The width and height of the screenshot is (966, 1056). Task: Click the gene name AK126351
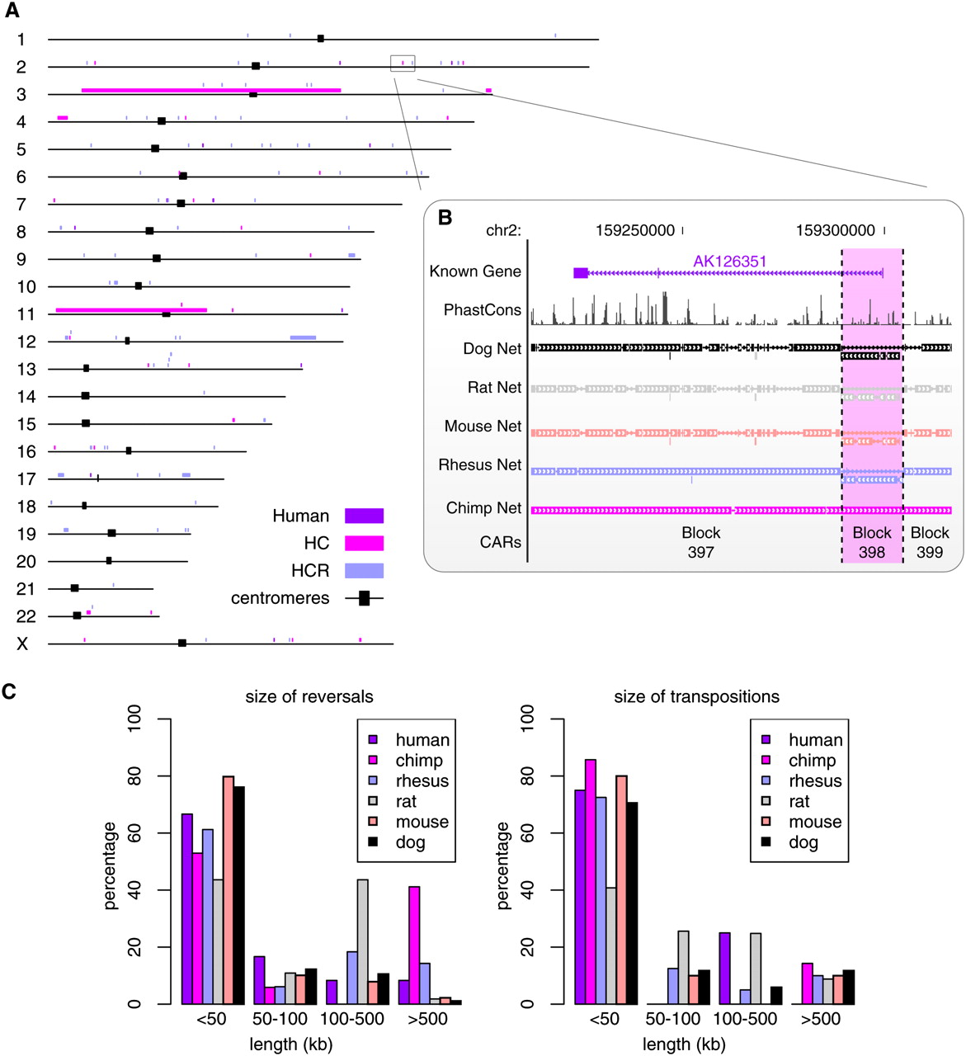[x=729, y=262]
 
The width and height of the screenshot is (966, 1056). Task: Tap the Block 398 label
[x=872, y=542]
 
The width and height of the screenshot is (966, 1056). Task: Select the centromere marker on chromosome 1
[x=321, y=39]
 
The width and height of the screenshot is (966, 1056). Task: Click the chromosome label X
[x=22, y=643]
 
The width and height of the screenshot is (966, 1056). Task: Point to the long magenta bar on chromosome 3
[x=210, y=90]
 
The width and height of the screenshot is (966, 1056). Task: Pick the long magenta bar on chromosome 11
[x=131, y=309]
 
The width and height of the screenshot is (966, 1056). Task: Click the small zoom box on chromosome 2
[x=403, y=64]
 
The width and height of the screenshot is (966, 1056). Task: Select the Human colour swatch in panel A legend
[x=364, y=516]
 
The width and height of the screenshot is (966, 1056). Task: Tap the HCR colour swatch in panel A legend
[x=364, y=570]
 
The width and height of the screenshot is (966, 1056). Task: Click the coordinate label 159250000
[x=634, y=231]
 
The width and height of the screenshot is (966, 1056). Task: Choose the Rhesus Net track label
[x=480, y=465]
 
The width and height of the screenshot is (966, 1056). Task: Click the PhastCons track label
[x=483, y=310]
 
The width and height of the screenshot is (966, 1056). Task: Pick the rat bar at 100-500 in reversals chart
[x=362, y=941]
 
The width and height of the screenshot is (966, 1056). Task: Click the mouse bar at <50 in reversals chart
[x=229, y=889]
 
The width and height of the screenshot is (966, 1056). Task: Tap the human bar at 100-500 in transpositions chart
[x=724, y=968]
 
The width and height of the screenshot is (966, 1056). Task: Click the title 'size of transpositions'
[x=696, y=697]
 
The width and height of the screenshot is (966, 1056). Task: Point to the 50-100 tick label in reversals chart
[x=280, y=1019]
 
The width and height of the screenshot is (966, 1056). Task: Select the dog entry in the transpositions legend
[x=803, y=842]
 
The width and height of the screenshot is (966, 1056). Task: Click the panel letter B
[x=445, y=218]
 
